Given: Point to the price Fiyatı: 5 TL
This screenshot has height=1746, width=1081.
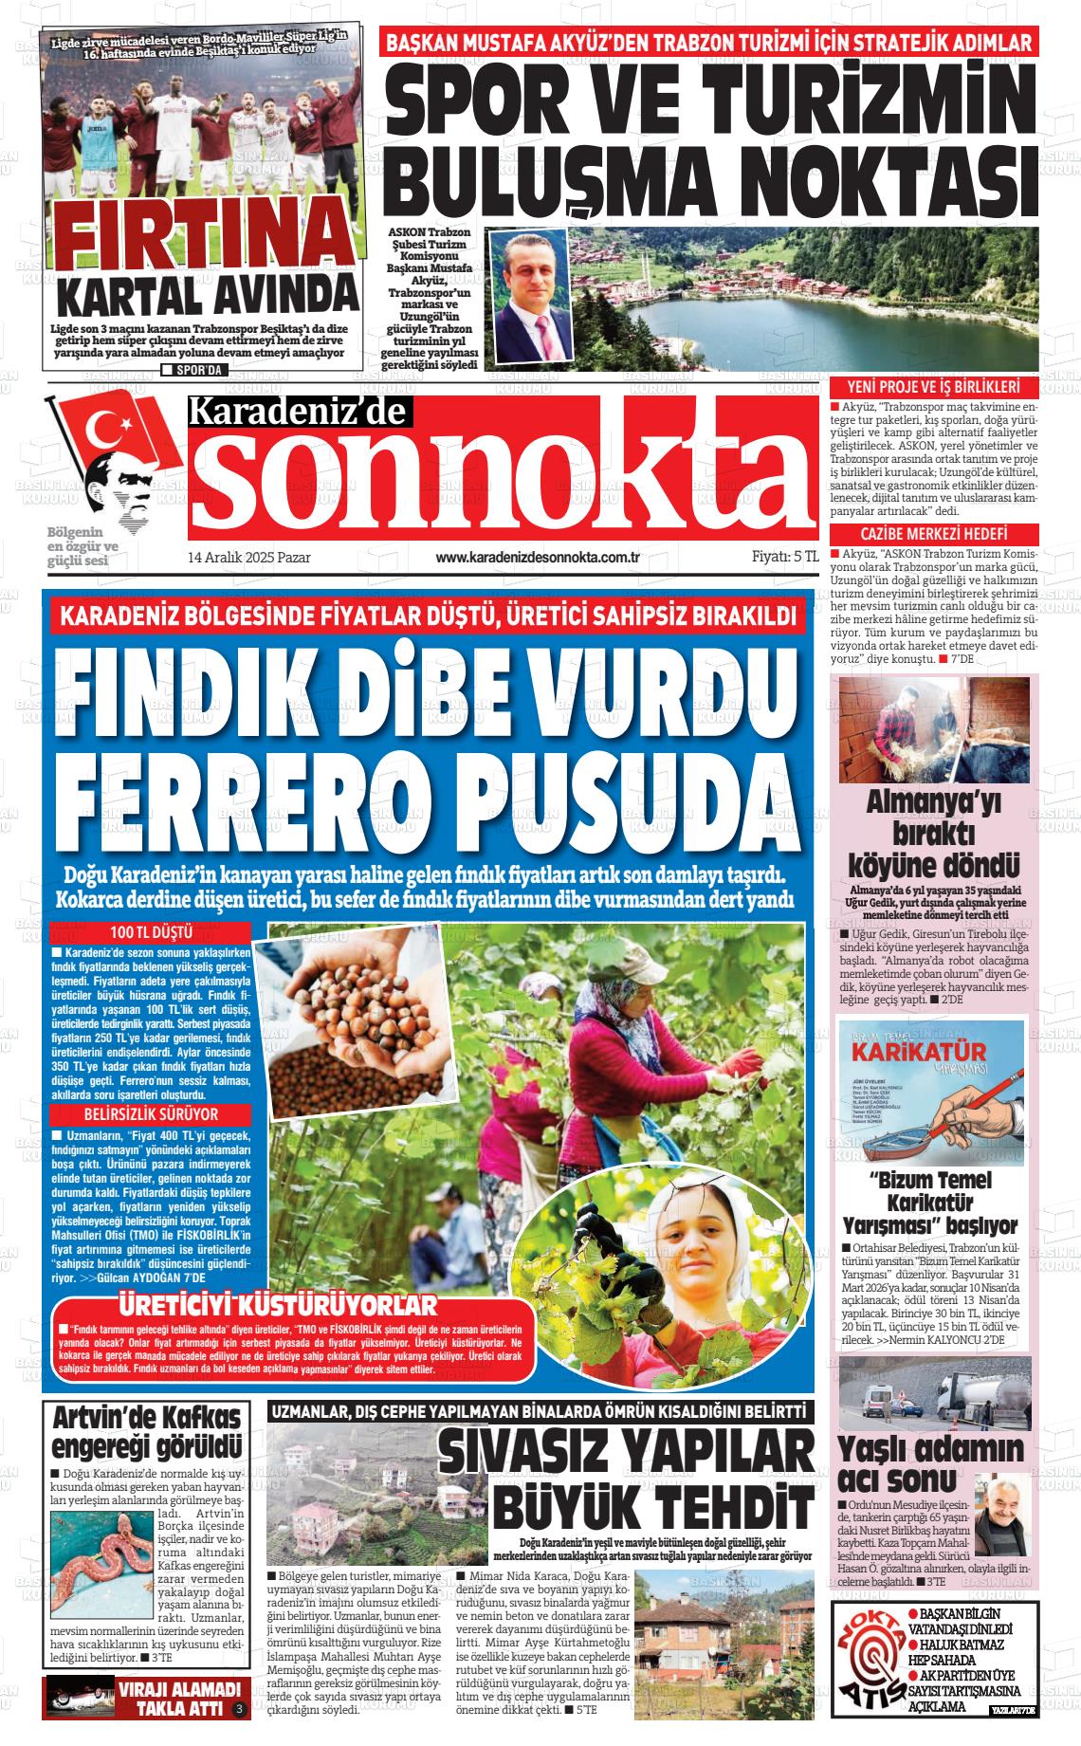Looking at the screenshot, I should coord(784,558).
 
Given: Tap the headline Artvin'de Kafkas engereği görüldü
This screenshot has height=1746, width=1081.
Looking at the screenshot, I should coord(147,1433).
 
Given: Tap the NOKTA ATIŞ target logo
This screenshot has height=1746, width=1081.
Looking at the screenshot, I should coord(867,1662).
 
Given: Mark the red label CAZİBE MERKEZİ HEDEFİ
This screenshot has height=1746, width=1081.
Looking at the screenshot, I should coord(933,534).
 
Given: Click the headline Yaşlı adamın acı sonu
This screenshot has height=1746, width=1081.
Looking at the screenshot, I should coord(931,1463).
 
